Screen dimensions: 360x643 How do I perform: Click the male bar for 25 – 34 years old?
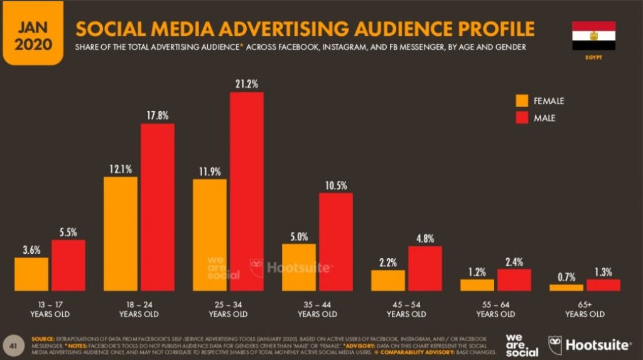coord(246,192)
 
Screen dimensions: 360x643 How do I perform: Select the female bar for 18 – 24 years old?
coord(121,234)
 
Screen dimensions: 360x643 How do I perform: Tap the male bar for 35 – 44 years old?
coord(336,242)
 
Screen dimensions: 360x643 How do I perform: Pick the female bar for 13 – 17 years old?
coord(31,274)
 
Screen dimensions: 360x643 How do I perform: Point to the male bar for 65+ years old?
coord(603,285)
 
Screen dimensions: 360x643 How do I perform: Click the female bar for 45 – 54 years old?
coord(388,280)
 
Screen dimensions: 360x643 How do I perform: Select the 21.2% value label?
coord(246,84)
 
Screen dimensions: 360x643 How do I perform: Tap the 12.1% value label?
coord(121,169)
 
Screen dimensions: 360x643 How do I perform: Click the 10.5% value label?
coord(336,185)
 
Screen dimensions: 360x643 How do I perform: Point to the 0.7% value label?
coord(566,277)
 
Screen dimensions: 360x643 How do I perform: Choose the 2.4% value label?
coord(514,262)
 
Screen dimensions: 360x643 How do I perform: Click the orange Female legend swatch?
coord(522,101)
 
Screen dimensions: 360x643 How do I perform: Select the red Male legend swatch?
coord(522,117)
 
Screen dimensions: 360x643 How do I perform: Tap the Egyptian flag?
coord(593,36)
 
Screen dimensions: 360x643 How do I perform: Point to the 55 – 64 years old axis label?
coord(495,309)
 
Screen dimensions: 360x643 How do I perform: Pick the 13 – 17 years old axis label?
coord(50,309)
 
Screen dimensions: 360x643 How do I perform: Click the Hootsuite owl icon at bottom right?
coord(555,344)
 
